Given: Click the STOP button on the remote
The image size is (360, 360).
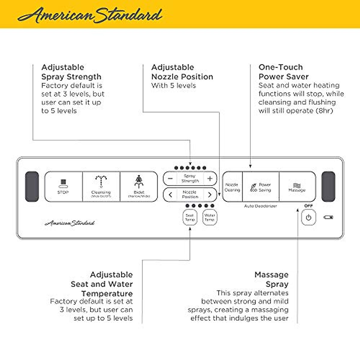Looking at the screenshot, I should point(63,187).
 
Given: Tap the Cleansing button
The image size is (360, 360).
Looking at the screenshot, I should point(101,187).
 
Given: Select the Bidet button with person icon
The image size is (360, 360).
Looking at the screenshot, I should point(139,187).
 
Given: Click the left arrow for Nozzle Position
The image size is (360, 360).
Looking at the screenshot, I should point(170,195).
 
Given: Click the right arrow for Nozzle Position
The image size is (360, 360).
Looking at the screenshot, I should point(210,195).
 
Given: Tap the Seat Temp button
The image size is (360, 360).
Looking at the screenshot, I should point(190,217).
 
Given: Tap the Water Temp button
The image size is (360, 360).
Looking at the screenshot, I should point(209,217).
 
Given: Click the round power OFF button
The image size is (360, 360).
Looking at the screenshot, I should point(308,218).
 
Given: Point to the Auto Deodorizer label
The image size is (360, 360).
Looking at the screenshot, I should point(260,206).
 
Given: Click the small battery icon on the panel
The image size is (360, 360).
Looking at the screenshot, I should point(328,217).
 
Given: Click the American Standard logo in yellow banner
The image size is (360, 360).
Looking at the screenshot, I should point(90,15).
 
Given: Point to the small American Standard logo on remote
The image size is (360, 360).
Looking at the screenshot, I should point(70,223).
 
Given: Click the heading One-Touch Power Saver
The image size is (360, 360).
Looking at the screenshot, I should point(283,72).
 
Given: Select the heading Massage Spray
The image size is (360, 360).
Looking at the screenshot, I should point(271,279).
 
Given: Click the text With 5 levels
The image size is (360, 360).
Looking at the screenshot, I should point(174,85).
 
